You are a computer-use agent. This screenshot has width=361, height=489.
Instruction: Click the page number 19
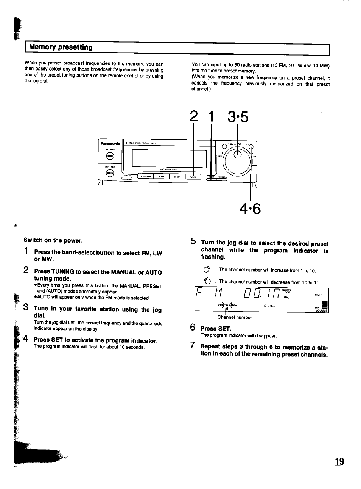(339, 461)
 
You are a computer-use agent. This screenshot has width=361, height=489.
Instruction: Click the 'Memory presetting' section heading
(61, 47)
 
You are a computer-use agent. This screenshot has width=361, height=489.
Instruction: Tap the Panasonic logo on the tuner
(110, 143)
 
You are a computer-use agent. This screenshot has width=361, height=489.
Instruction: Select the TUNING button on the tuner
(193, 177)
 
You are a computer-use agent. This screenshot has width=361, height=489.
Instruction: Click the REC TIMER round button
(110, 156)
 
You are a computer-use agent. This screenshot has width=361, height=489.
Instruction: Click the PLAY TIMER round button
(110, 173)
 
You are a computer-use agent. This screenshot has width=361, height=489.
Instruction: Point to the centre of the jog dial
(238, 154)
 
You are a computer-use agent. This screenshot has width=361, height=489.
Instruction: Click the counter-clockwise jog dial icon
(207, 281)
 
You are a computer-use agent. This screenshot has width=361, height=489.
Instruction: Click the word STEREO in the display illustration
(270, 306)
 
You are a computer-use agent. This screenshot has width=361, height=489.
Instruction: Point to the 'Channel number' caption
(234, 318)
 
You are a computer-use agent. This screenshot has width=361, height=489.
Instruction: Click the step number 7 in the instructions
(193, 346)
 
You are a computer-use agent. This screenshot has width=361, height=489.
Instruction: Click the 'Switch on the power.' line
(53, 240)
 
